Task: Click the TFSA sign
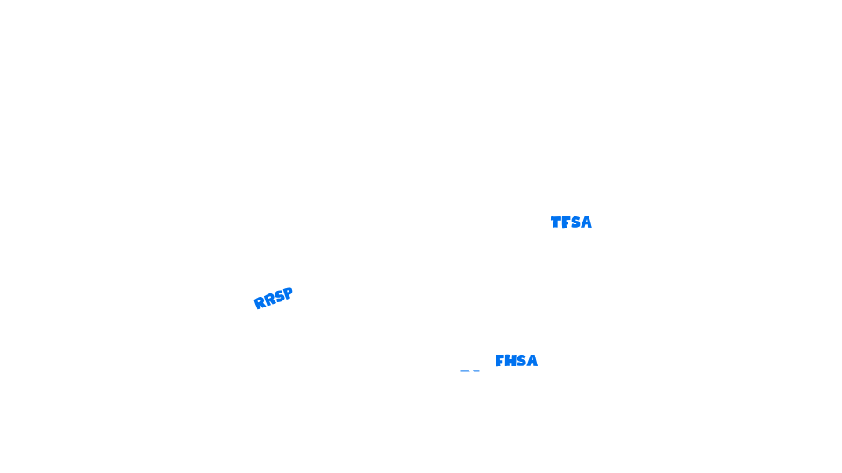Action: [x=571, y=221]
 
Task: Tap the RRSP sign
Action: [x=273, y=297]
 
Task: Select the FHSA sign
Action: [x=517, y=359]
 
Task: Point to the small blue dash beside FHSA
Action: [x=469, y=371]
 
